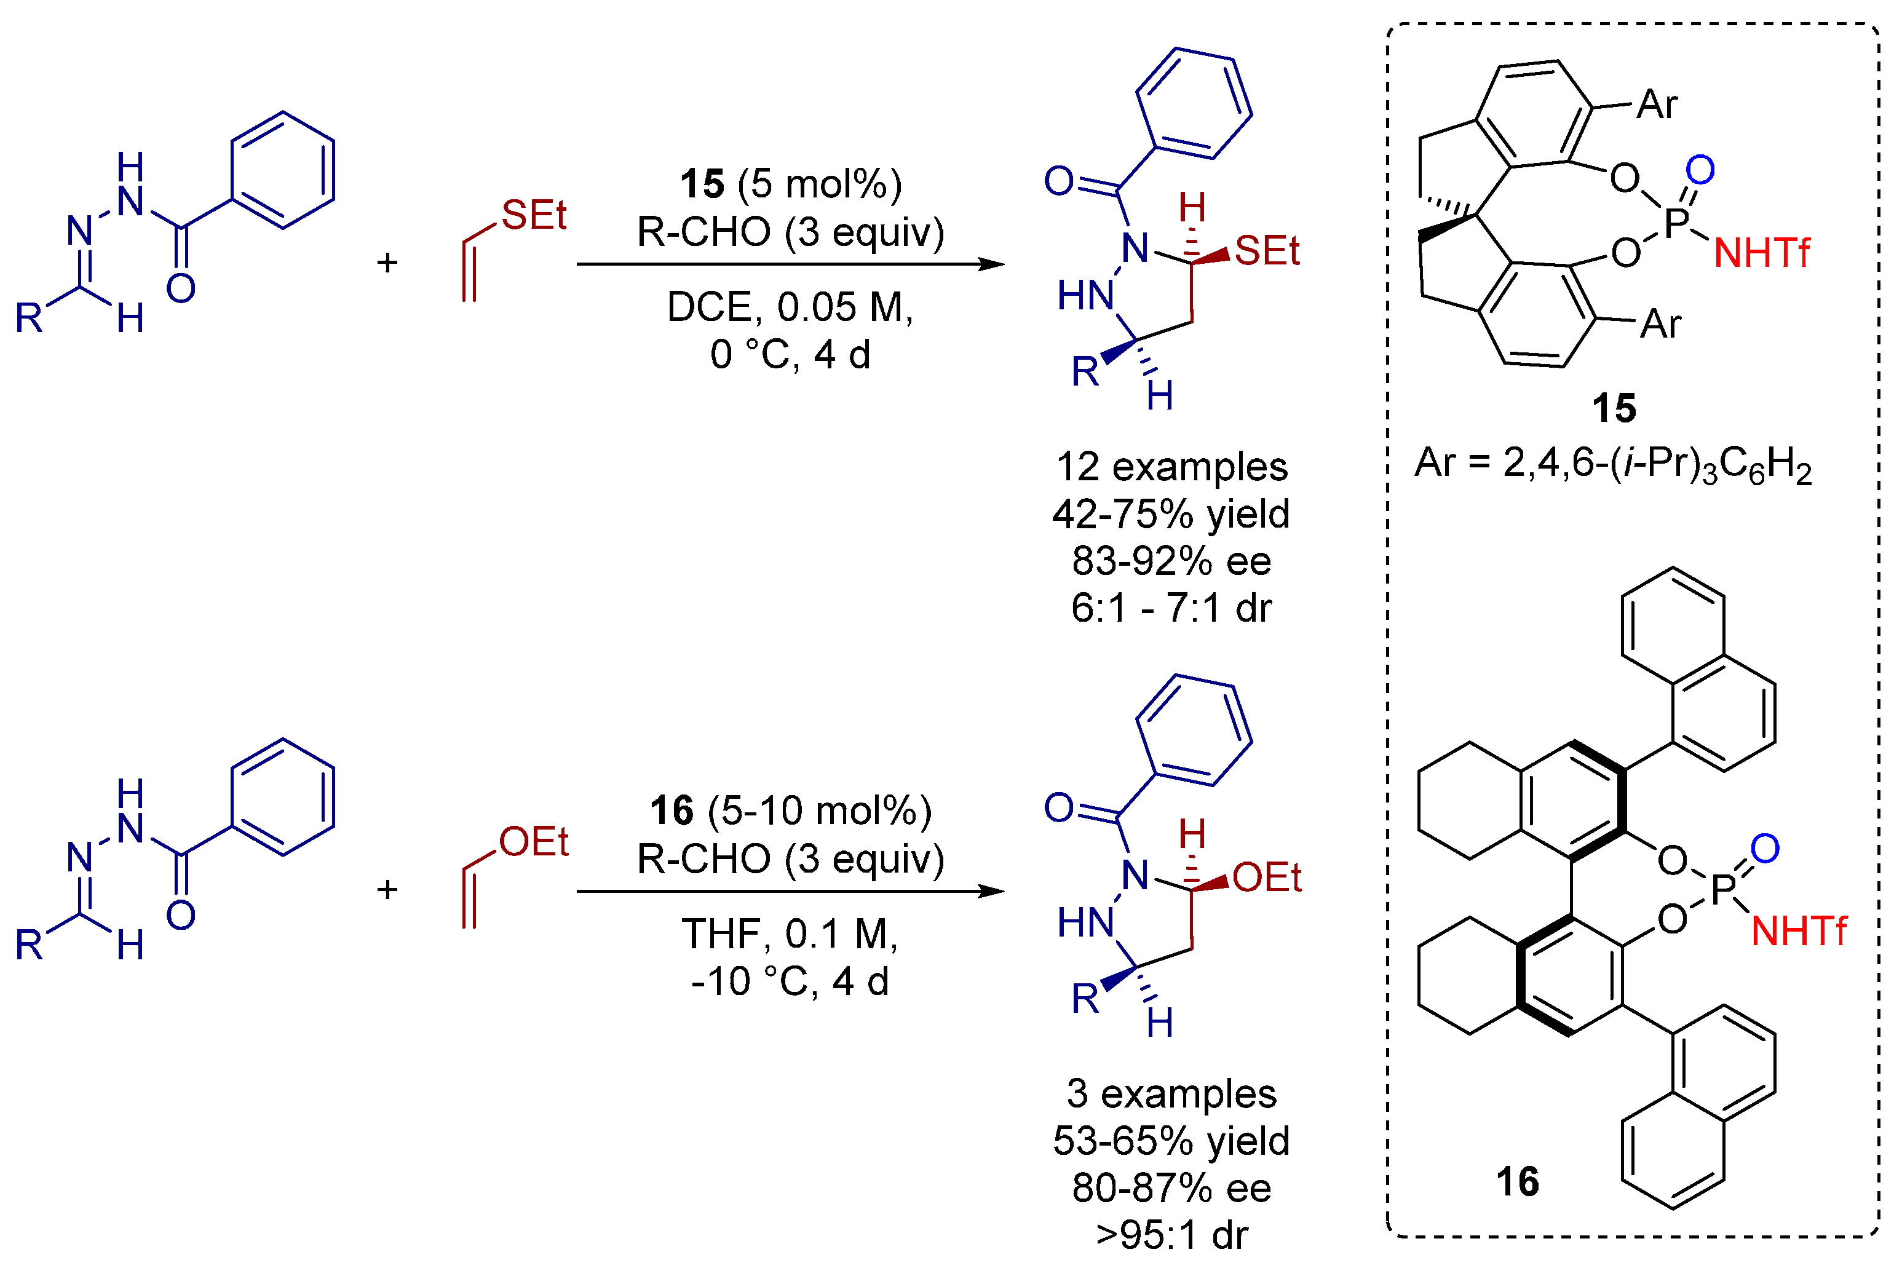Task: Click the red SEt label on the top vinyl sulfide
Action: pyautogui.click(x=534, y=215)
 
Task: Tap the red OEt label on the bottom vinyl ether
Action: pyautogui.click(x=534, y=842)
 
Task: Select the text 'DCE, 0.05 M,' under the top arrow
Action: pyautogui.click(x=790, y=307)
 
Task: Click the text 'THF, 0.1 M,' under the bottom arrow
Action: pyautogui.click(x=790, y=934)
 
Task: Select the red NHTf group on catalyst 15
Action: pyautogui.click(x=1761, y=254)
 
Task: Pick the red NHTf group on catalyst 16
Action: pyautogui.click(x=1799, y=932)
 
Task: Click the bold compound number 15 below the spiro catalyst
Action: pyautogui.click(x=1614, y=408)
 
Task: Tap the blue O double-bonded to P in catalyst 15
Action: pyautogui.click(x=1700, y=170)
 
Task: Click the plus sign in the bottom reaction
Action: pyautogui.click(x=387, y=890)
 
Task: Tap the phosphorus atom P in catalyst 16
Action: pyautogui.click(x=1722, y=890)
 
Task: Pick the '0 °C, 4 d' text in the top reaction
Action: pyautogui.click(x=790, y=355)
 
